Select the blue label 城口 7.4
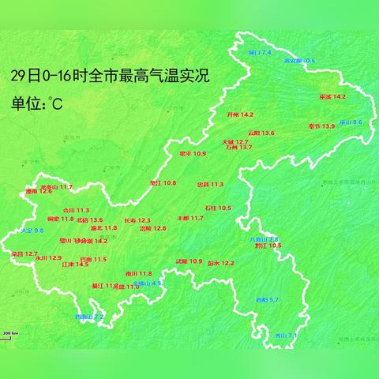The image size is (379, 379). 260,52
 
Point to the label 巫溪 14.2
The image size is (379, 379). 332,97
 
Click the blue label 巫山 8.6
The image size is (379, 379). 351,122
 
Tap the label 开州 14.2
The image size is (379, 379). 240,114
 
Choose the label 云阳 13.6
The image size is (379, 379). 261,133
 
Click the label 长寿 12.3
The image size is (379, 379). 137,220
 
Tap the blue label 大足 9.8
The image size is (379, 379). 32,230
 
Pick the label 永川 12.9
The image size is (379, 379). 48,257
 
